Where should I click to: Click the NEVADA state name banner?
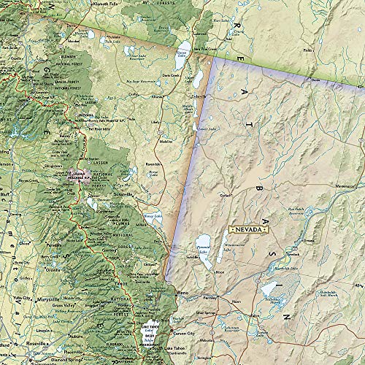(247, 228)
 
